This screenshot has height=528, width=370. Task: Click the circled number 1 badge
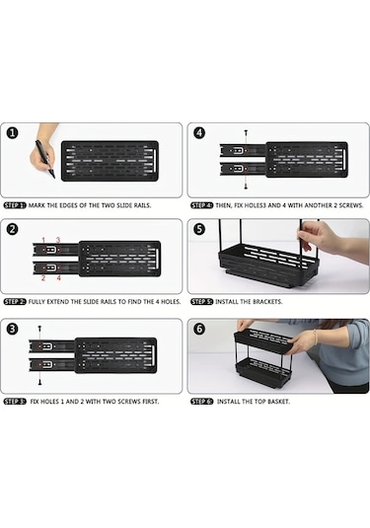pyautogui.click(x=12, y=132)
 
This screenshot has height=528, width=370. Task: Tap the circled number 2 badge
pyautogui.click(x=12, y=229)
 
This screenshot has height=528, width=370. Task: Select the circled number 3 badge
pyautogui.click(x=12, y=329)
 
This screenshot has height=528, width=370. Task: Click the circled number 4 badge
pyautogui.click(x=199, y=132)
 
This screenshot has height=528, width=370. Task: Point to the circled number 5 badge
pyautogui.click(x=199, y=229)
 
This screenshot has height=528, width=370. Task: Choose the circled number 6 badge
pyautogui.click(x=199, y=329)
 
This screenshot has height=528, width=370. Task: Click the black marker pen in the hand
pyautogui.click(x=45, y=159)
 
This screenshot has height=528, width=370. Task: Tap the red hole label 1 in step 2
pyautogui.click(x=43, y=240)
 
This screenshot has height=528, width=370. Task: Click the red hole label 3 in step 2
pyautogui.click(x=58, y=240)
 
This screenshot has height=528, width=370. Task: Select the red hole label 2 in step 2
pyautogui.click(x=43, y=278)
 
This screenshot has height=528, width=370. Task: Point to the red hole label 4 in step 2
pyautogui.click(x=58, y=278)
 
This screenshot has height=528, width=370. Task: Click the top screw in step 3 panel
pyautogui.click(x=39, y=328)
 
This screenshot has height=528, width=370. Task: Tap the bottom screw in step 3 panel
pyautogui.click(x=39, y=382)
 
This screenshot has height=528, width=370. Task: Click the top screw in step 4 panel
pyautogui.click(x=246, y=132)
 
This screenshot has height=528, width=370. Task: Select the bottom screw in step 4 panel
pyautogui.click(x=246, y=187)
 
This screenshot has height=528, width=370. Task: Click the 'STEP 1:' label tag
pyautogui.click(x=15, y=205)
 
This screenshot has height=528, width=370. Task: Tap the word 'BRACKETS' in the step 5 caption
pyautogui.click(x=267, y=302)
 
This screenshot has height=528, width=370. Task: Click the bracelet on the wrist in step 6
pyautogui.click(x=315, y=338)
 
